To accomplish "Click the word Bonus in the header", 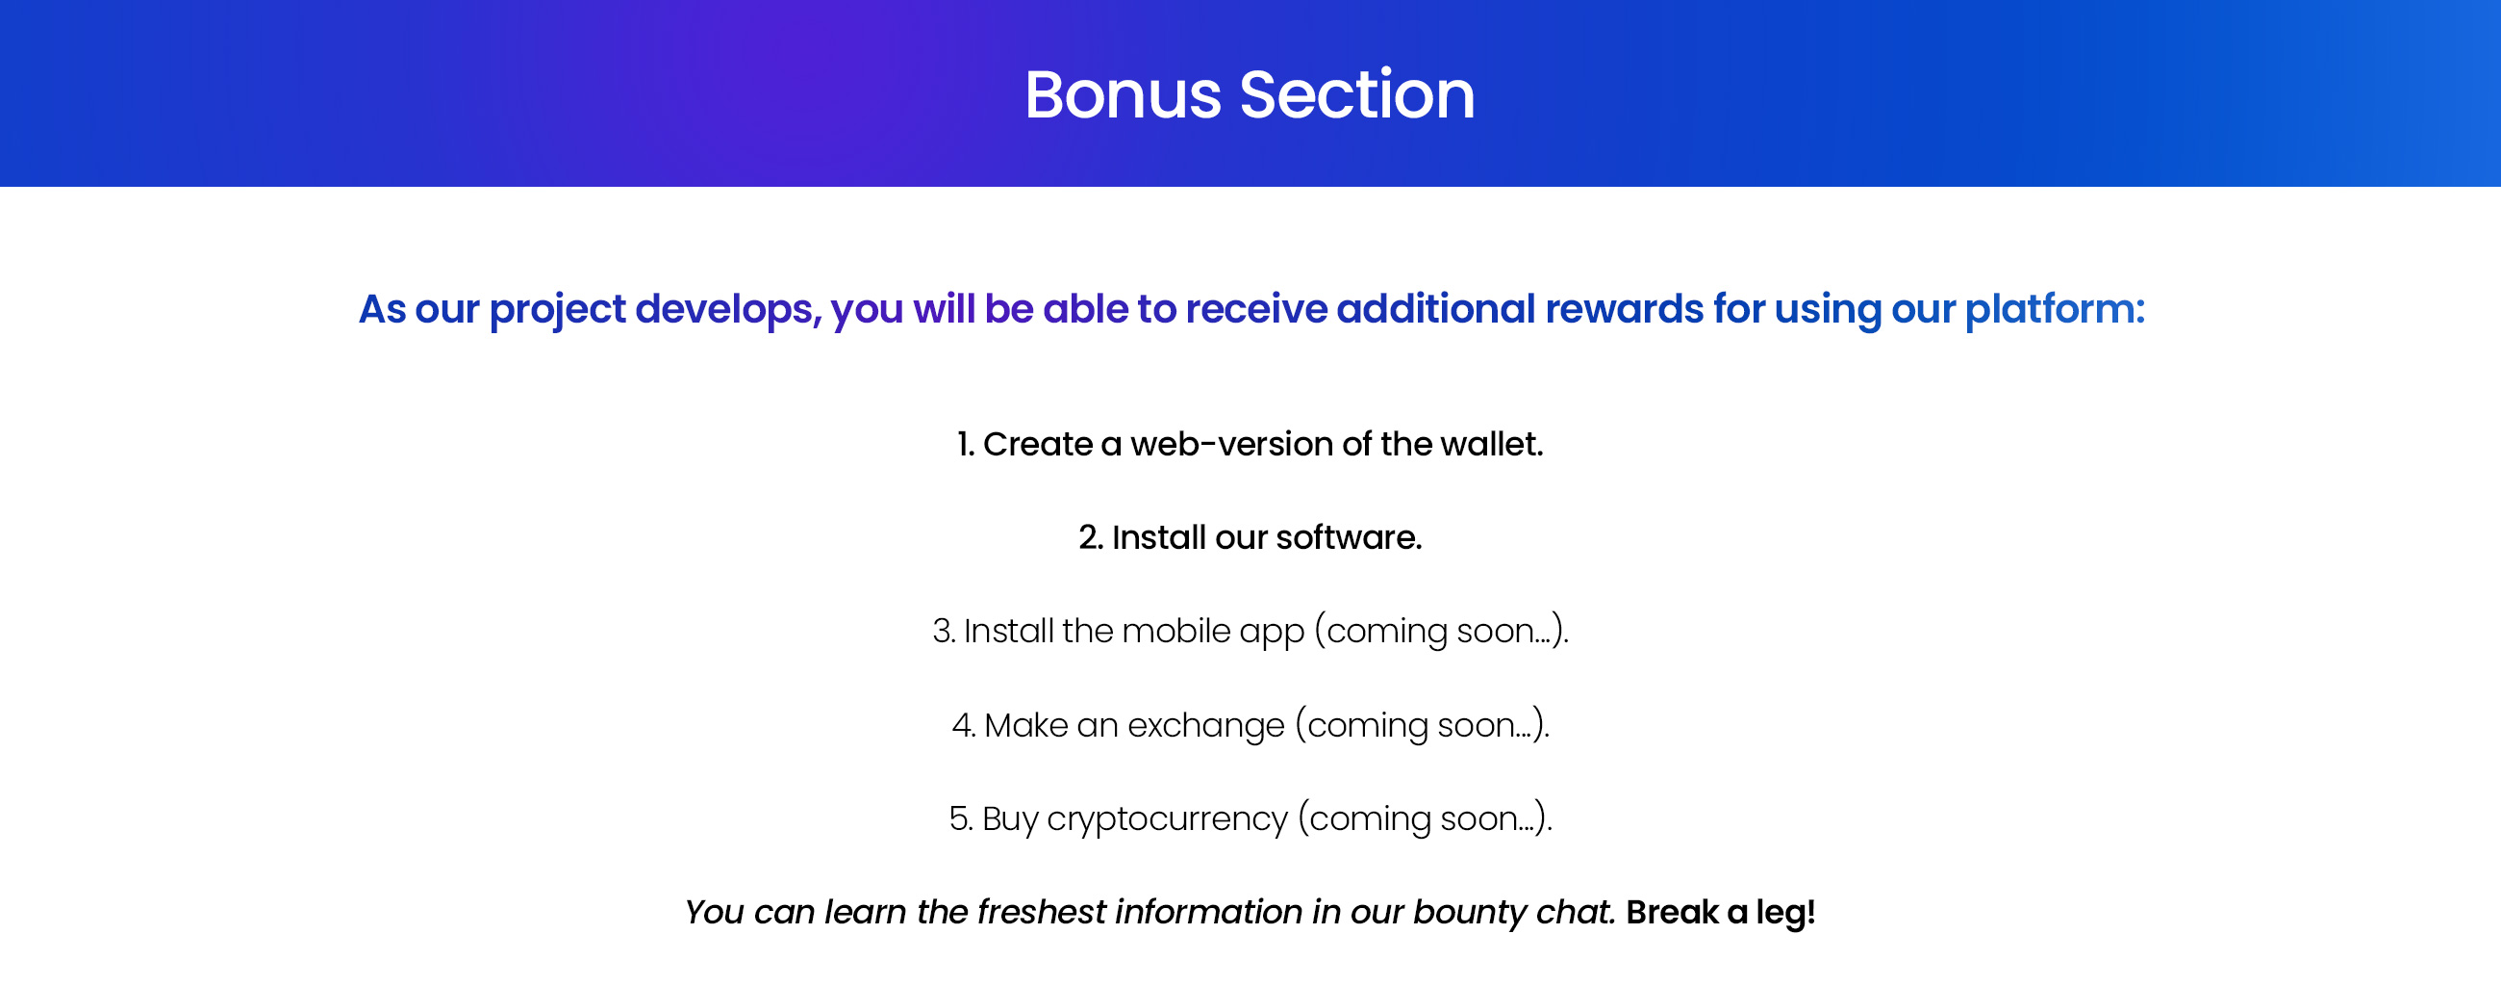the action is (1123, 95).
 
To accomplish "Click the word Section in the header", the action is (1357, 95).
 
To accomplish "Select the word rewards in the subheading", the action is (1625, 308).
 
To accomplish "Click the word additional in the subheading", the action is (1436, 308).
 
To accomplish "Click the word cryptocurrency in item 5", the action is (1167, 818).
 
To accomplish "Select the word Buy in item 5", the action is (1010, 818).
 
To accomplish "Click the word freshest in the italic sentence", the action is (1041, 912).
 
